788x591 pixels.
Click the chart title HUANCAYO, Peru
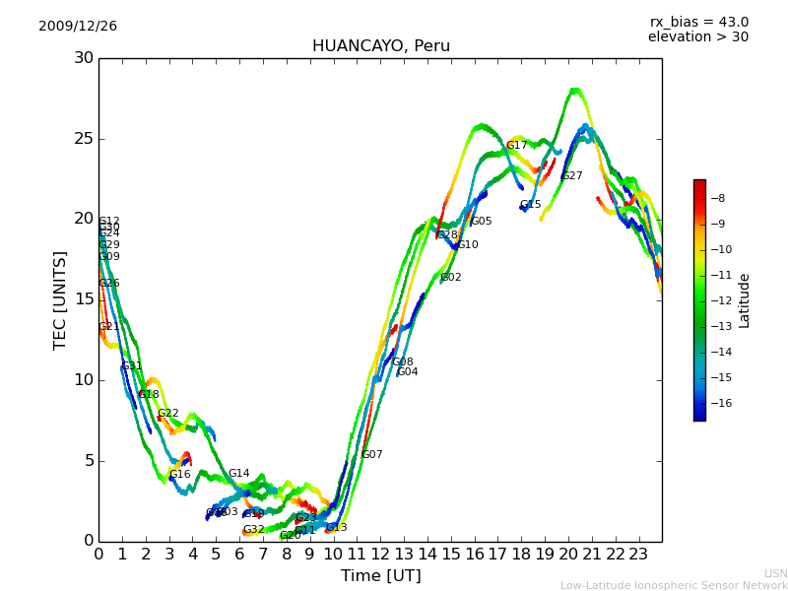coord(380,46)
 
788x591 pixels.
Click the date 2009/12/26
coord(78,27)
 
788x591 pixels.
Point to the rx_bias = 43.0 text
coord(698,23)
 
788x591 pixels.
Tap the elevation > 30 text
coord(697,37)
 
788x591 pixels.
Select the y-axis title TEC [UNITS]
coord(61,299)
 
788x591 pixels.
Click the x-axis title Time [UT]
coord(380,576)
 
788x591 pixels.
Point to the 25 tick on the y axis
coord(83,139)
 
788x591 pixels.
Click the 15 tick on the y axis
coord(83,299)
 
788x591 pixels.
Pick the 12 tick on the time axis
coord(380,554)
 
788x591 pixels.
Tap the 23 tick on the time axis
coord(638,554)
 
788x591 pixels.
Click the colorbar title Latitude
coord(745,300)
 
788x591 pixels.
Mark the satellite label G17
coord(517,146)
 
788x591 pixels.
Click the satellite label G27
coord(572,176)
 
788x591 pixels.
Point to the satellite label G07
coord(372,455)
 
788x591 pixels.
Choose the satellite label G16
coord(180,475)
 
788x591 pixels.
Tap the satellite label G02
coord(451,278)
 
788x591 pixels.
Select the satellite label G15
coord(531,205)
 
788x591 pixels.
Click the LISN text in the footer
coord(775,573)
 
